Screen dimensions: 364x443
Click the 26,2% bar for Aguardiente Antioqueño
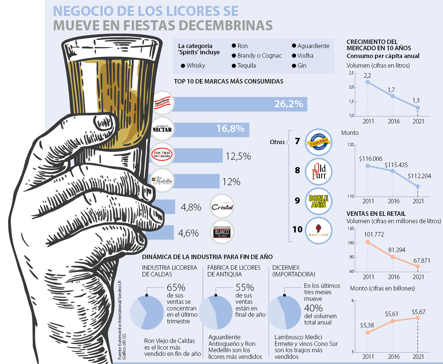pos(240,104)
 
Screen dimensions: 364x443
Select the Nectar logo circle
pos(162,129)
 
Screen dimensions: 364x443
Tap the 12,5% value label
pos(238,156)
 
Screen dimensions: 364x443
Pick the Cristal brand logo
pos(222,207)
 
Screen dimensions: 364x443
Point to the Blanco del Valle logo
pos(222,233)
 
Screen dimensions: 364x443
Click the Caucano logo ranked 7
pos(319,142)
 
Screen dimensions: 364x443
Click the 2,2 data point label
pos(367,76)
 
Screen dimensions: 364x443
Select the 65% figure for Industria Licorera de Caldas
pos(176,288)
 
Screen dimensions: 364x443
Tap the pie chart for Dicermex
pos(284,312)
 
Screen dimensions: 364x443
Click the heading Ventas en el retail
pos(376,214)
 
